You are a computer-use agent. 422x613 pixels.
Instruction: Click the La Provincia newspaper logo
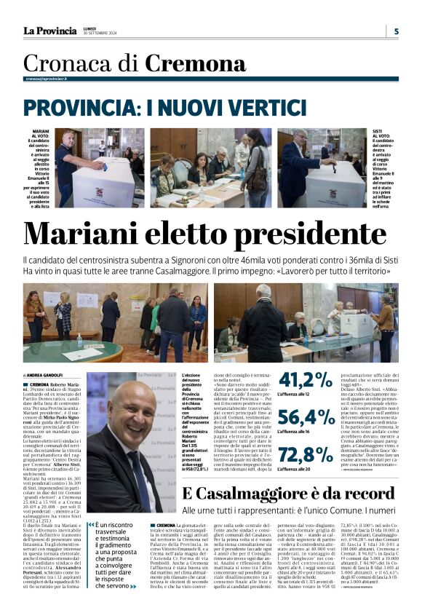49,31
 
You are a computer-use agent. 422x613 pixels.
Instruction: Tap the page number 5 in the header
396,31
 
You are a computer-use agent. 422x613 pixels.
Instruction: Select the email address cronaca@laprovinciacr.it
47,79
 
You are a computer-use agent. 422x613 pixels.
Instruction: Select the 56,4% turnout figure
306,417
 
